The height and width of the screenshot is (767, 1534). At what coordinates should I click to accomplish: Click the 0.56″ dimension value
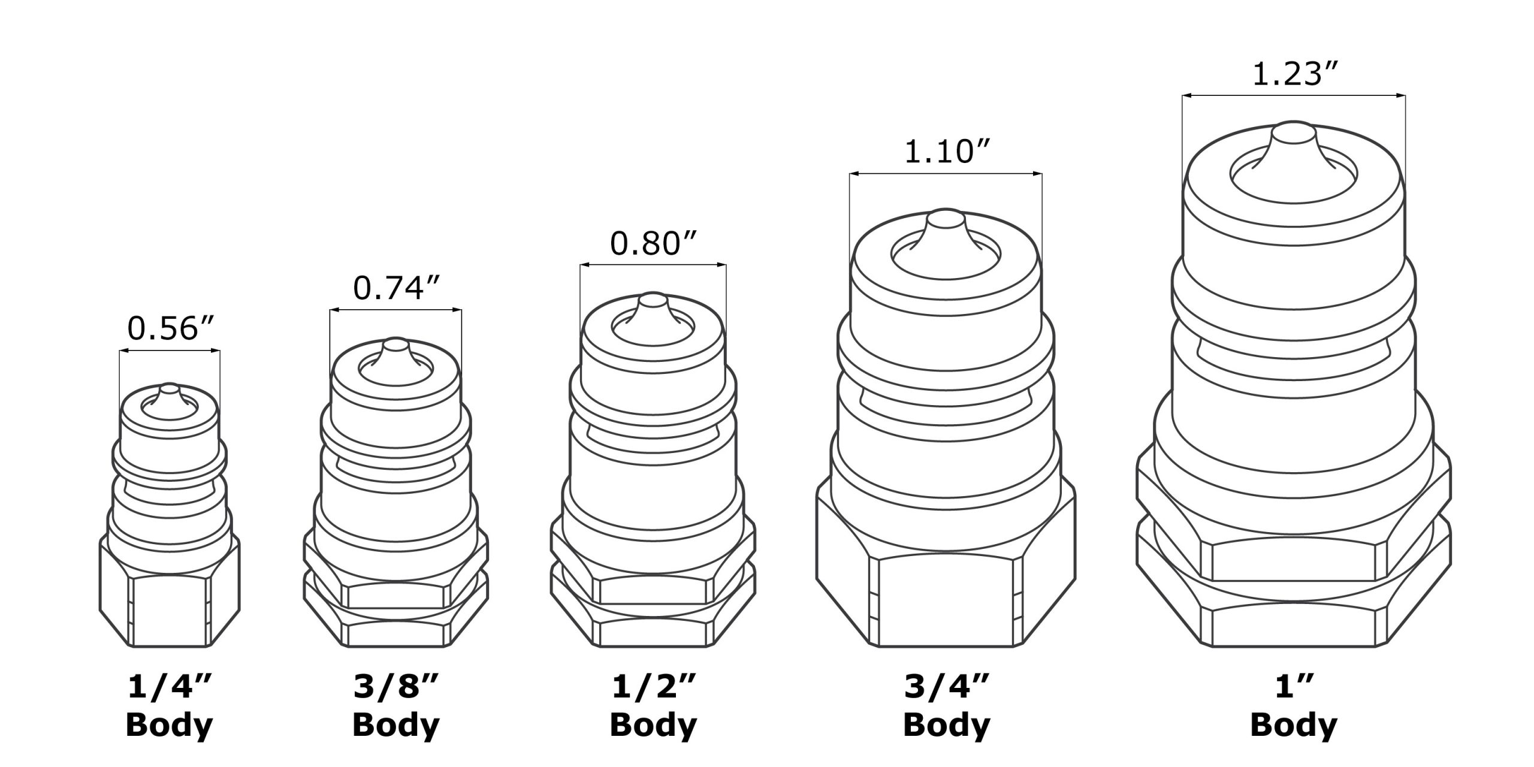[x=171, y=328]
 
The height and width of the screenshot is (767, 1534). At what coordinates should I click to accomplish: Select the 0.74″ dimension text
[x=397, y=288]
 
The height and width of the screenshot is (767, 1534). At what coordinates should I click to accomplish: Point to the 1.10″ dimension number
[x=947, y=152]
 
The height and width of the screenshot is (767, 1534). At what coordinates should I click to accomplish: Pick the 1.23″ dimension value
[x=1294, y=75]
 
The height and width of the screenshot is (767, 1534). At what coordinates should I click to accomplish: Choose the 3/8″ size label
[x=396, y=689]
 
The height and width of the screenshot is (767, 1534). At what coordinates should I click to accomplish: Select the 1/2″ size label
[x=654, y=689]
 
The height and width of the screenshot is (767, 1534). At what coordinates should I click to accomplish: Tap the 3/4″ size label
[x=947, y=689]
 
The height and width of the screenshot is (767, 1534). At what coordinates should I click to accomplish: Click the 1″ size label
[x=1294, y=689]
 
